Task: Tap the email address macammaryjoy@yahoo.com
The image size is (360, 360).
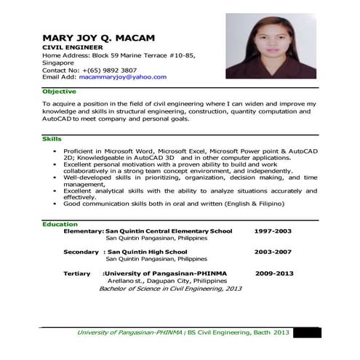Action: [123, 76]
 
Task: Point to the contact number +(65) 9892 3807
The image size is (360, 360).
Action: [108, 69]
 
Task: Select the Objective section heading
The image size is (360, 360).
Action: [59, 91]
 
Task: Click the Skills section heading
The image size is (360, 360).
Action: [52, 138]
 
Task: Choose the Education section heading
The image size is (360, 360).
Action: [60, 224]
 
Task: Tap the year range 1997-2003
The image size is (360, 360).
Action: [273, 231]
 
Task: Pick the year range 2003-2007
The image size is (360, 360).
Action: [273, 252]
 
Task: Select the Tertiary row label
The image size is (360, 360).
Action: [77, 273]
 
